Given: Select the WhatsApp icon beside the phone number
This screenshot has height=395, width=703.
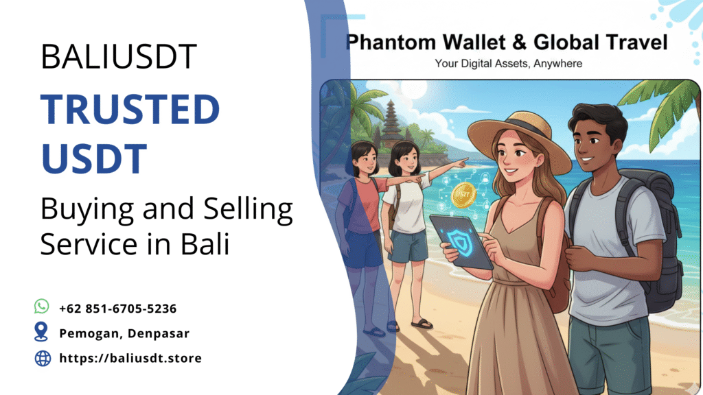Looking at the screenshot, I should click(x=42, y=306).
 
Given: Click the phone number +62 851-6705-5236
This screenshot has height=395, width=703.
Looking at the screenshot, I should click(x=118, y=309).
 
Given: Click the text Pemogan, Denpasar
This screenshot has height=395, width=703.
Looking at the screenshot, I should click(x=124, y=333).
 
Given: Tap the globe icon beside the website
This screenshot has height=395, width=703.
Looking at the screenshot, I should click(x=43, y=358).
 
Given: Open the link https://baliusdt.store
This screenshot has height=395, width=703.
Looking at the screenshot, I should click(x=130, y=358).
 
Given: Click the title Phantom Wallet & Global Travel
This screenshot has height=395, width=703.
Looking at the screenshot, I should click(x=507, y=43).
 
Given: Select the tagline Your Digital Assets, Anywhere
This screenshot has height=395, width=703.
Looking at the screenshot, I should click(x=508, y=64).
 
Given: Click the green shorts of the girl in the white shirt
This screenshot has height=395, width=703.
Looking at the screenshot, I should click(x=408, y=245).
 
